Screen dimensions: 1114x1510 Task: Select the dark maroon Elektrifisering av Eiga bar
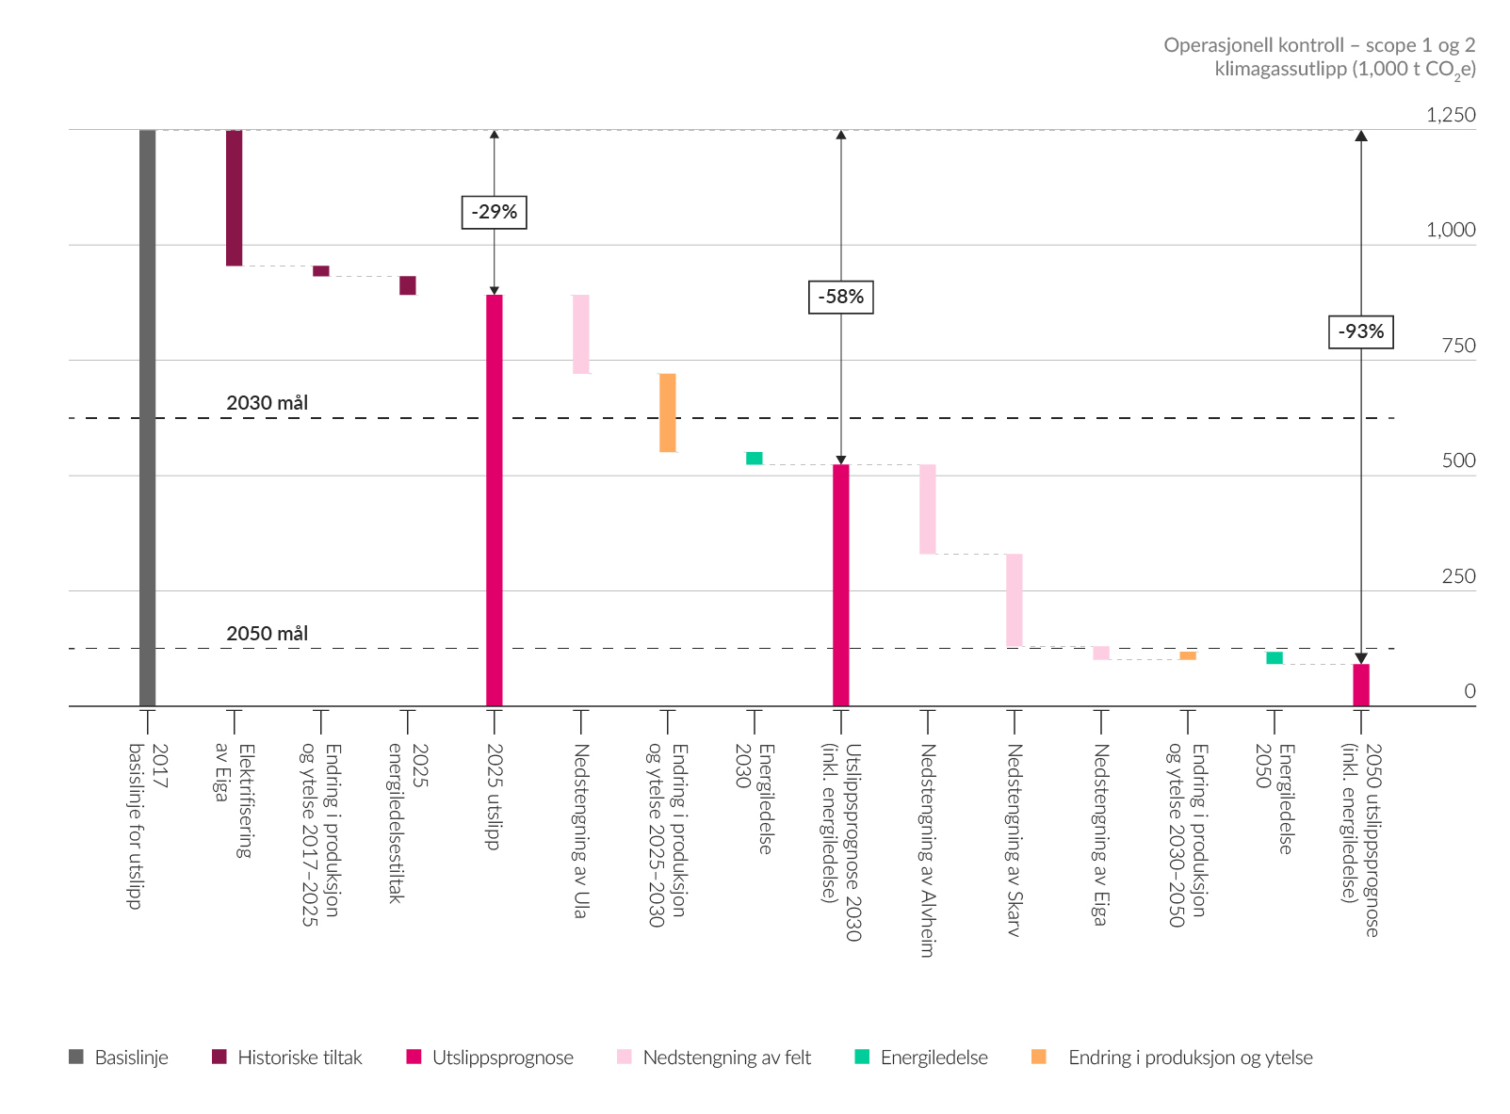234,198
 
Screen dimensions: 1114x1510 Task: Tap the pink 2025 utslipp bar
494,499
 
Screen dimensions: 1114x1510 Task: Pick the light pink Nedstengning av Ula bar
581,334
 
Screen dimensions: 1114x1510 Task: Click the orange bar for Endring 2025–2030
667,412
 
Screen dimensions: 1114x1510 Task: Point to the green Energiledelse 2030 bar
754,459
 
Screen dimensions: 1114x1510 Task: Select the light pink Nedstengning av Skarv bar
1014,600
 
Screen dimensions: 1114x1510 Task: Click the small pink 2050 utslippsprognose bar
1360,685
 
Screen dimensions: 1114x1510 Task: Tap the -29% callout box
494,212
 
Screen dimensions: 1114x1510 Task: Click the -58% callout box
840,297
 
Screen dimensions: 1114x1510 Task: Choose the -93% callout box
1360,331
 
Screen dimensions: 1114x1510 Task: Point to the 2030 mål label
267,403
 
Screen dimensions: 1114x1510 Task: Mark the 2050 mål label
267,634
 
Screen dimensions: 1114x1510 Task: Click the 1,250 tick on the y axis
1451,115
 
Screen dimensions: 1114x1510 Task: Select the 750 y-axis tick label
1458,346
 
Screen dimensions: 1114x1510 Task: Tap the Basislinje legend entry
120,1057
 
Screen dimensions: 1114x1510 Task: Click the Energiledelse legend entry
922,1057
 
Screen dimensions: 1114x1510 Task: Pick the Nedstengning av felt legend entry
715,1057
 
